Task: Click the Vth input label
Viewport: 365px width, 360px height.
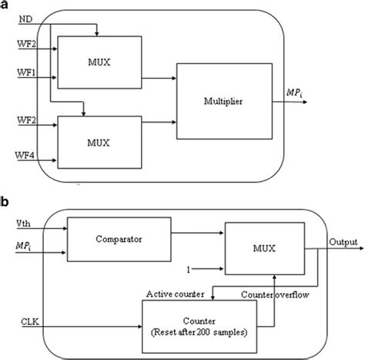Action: (x=22, y=224)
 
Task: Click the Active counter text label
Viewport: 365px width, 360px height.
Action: (x=179, y=294)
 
